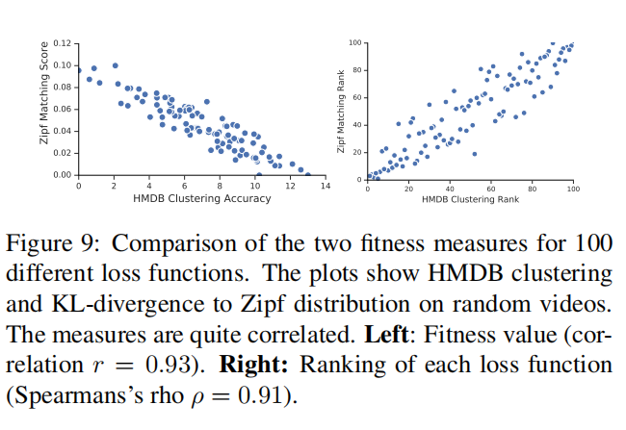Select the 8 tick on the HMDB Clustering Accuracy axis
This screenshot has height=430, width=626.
220,185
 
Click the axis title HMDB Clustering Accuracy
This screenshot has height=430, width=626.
201,198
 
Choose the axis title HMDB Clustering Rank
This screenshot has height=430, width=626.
470,198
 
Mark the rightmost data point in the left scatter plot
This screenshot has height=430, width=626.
308,174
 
